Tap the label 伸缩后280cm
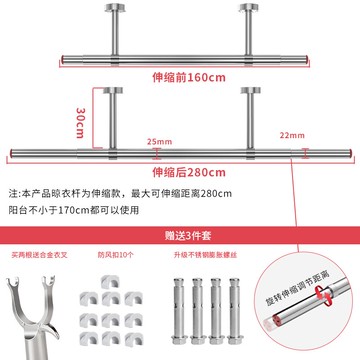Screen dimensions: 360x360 coord(180,170)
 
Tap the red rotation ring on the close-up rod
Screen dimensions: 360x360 coord(305,318)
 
